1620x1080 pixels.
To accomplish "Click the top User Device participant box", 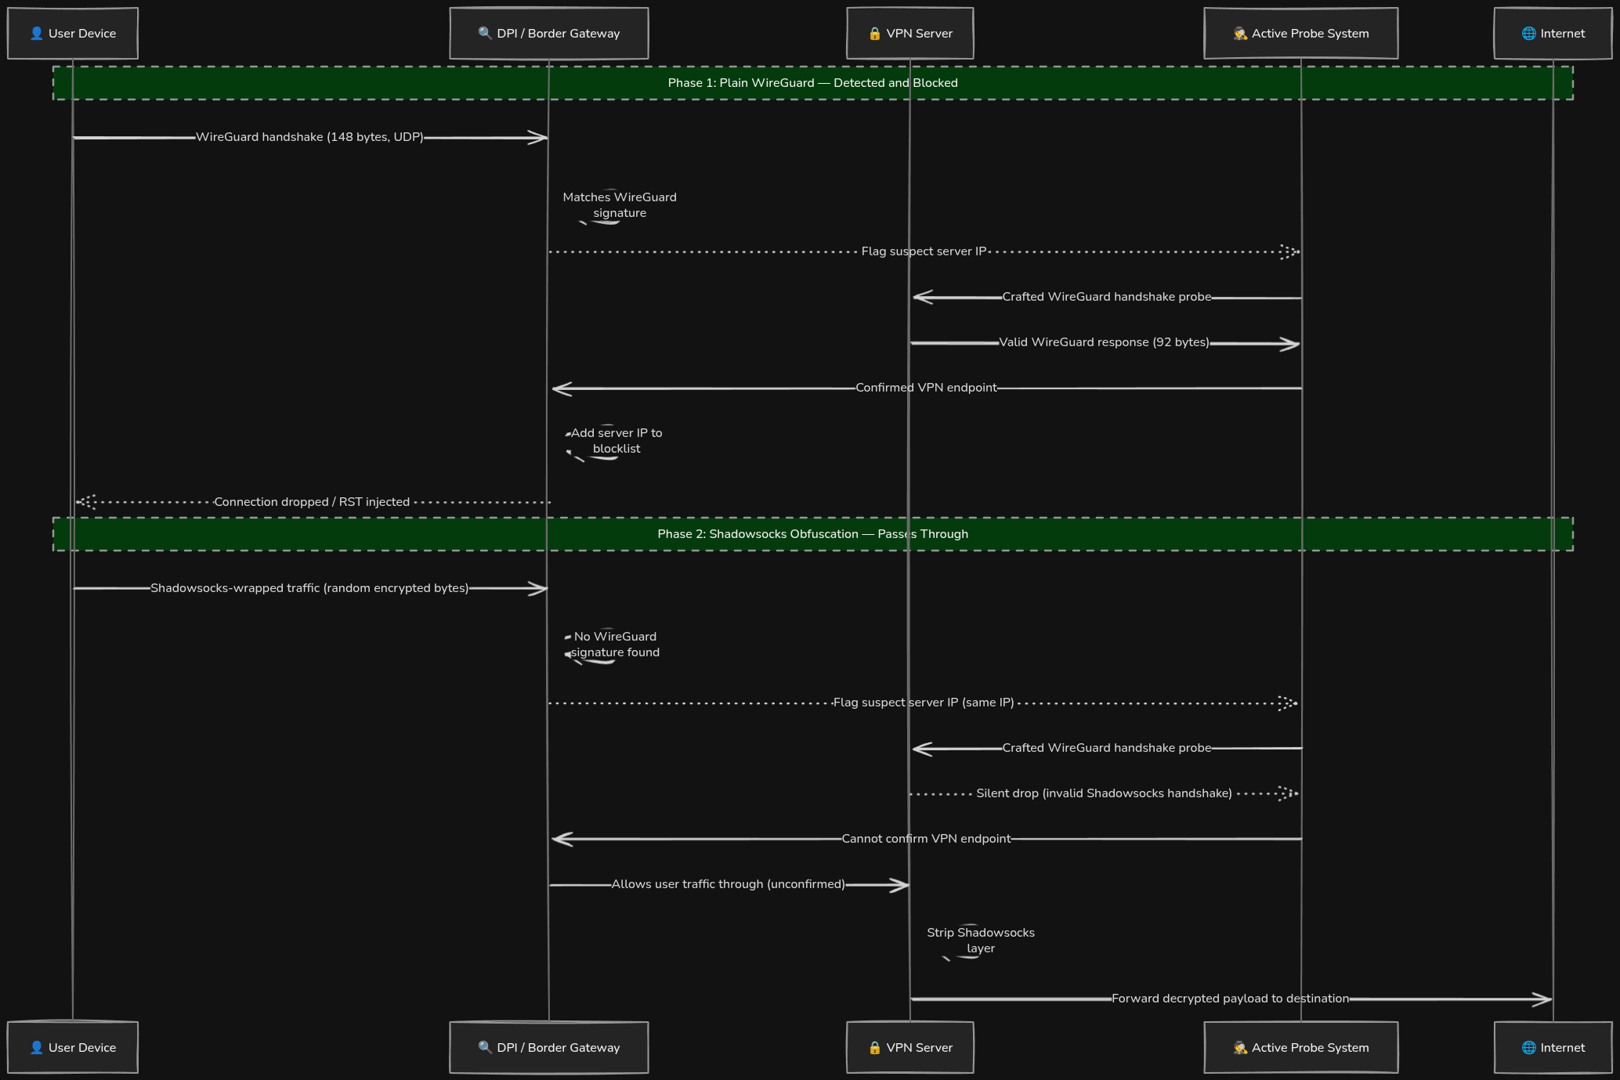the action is click(x=73, y=34).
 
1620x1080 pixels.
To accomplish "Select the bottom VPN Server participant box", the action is click(x=910, y=1047).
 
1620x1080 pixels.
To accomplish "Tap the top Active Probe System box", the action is click(x=1301, y=34).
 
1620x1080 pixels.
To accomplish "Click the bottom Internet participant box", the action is click(x=1553, y=1047).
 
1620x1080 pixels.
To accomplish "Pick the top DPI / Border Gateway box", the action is click(x=549, y=34).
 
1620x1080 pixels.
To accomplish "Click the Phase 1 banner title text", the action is click(x=813, y=83).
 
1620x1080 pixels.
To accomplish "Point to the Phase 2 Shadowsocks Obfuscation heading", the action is click(x=813, y=534).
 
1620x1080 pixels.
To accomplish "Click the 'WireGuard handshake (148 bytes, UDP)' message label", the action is click(x=309, y=137).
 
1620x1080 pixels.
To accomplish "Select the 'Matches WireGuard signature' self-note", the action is click(x=620, y=205).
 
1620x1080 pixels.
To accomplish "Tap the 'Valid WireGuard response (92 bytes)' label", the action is click(x=1105, y=342).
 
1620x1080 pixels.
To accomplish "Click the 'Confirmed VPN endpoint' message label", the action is click(x=926, y=388).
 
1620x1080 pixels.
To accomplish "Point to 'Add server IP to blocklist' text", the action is click(x=617, y=441).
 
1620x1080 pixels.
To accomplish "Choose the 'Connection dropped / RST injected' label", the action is click(x=312, y=502).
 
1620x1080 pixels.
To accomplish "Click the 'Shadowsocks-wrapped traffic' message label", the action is click(x=309, y=588).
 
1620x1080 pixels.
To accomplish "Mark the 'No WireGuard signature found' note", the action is click(x=615, y=645).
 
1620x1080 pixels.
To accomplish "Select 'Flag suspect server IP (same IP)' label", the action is click(x=924, y=703).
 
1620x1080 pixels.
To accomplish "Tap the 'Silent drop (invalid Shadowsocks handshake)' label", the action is click(x=1105, y=793).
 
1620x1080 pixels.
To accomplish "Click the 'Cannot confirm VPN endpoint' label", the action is click(x=926, y=839).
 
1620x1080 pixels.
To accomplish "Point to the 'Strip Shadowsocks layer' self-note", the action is click(x=981, y=941).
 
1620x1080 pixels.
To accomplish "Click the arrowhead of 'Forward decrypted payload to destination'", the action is click(x=1543, y=999).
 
